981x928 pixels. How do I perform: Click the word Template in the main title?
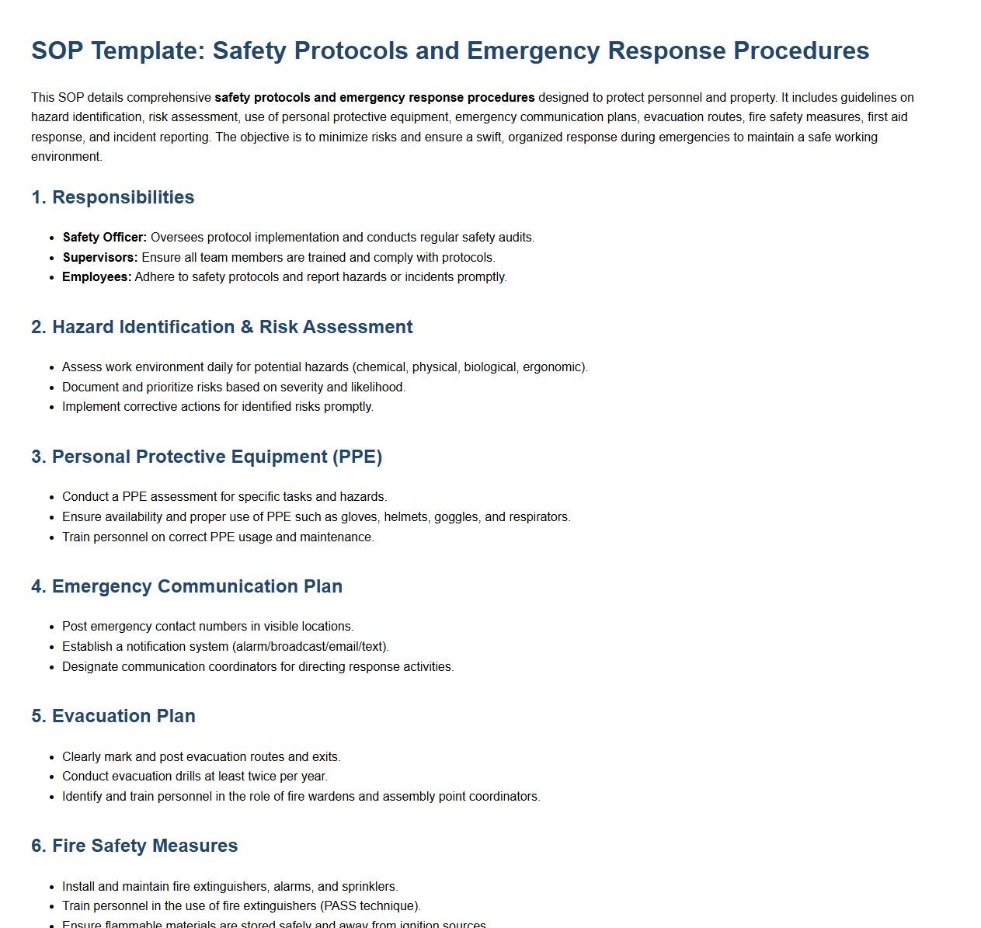[147, 50]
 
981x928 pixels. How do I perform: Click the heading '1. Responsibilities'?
[113, 197]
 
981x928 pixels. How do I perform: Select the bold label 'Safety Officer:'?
[105, 238]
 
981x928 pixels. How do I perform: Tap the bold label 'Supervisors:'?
[100, 258]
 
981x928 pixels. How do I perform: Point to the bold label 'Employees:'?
[97, 277]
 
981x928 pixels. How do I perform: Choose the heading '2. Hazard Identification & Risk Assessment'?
[222, 327]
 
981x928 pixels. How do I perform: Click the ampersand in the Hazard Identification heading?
[247, 327]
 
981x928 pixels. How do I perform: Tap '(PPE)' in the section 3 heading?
[357, 457]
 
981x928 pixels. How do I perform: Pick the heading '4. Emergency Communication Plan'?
[186, 586]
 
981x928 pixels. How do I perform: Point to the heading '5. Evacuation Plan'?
[113, 716]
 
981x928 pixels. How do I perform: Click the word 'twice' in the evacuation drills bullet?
[246, 777]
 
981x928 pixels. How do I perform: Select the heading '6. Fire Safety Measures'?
[134, 846]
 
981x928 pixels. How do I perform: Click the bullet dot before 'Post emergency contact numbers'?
[53, 627]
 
